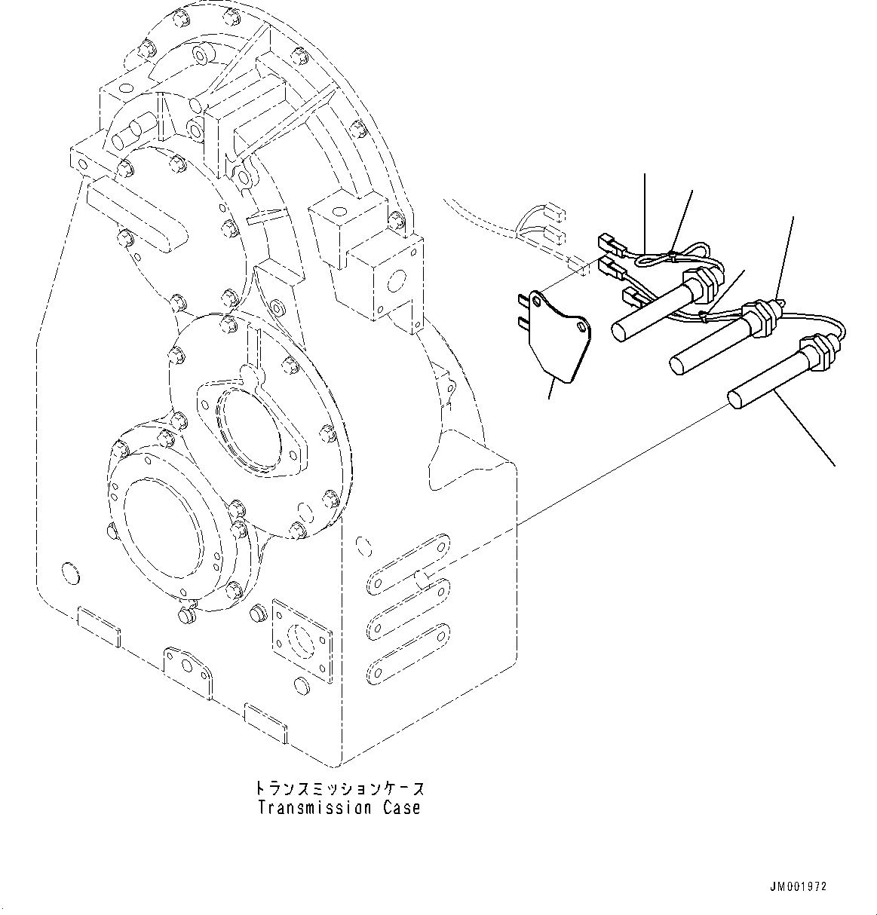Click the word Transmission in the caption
tap(316, 808)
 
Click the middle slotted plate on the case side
tap(408, 608)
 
